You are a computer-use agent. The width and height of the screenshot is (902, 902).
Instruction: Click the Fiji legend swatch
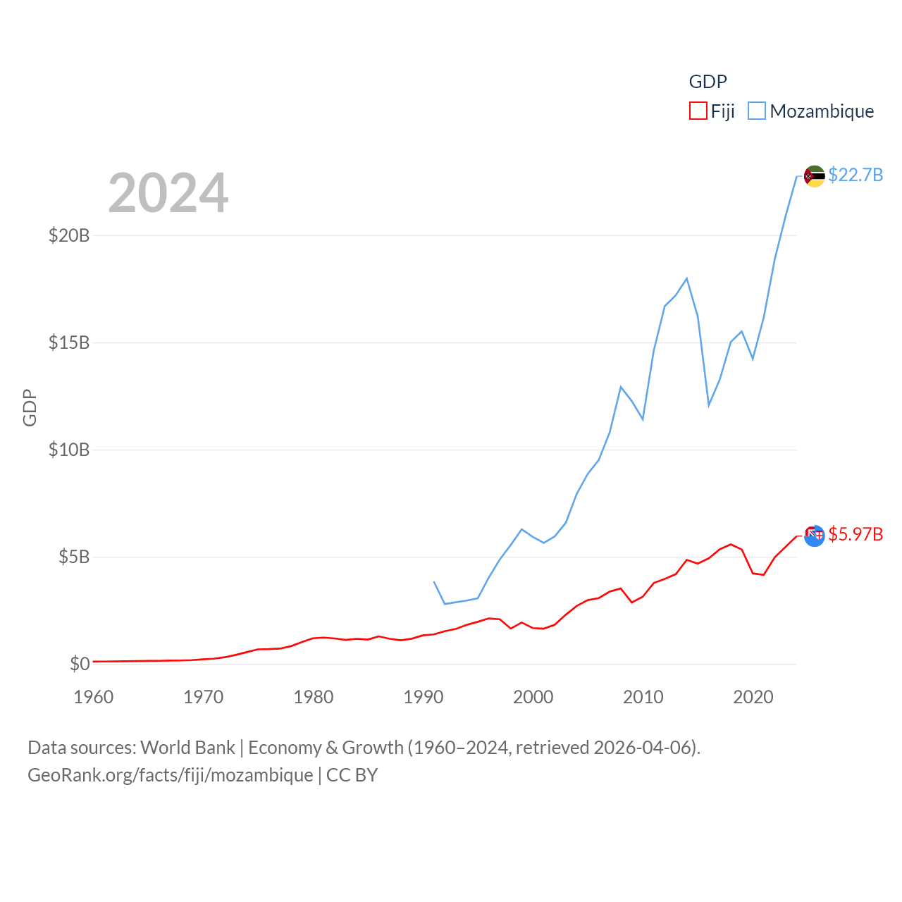(x=698, y=111)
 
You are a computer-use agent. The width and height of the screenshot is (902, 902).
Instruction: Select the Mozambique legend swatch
(x=757, y=111)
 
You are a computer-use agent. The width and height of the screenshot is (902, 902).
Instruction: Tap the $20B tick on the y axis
(x=69, y=235)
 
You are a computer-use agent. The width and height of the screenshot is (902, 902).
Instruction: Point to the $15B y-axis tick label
(x=69, y=342)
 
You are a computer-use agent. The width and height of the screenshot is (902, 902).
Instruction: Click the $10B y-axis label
(x=69, y=450)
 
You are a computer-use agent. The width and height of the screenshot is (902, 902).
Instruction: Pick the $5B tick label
(x=74, y=557)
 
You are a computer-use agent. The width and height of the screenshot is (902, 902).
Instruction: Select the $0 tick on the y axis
(x=80, y=664)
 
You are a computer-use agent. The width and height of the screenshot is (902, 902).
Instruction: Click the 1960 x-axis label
(x=94, y=697)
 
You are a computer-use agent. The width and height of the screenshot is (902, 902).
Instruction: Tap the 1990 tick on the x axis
(x=424, y=697)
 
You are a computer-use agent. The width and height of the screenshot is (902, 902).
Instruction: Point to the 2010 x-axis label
(x=643, y=697)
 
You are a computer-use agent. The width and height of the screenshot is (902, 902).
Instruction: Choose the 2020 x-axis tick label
(x=753, y=697)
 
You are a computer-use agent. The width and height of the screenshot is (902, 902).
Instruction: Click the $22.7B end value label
(x=855, y=175)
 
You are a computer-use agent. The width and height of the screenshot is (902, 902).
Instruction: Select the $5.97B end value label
(x=855, y=534)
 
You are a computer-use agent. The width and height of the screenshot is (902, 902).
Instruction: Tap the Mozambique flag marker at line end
(x=814, y=176)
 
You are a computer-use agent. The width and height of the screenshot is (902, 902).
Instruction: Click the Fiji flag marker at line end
(x=814, y=536)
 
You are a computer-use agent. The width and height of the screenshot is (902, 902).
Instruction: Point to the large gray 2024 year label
(x=168, y=193)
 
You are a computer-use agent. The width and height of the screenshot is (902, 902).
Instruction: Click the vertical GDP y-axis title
(x=30, y=407)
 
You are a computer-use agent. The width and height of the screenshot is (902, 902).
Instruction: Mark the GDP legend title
(x=708, y=82)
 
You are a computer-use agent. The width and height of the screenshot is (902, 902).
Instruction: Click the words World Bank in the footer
(x=187, y=747)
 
